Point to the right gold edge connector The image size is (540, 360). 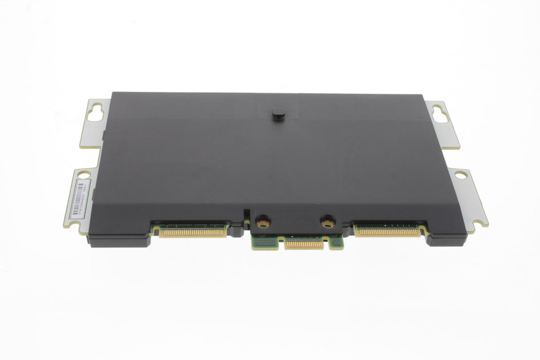point(387,232)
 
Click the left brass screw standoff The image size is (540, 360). point(262,221)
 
